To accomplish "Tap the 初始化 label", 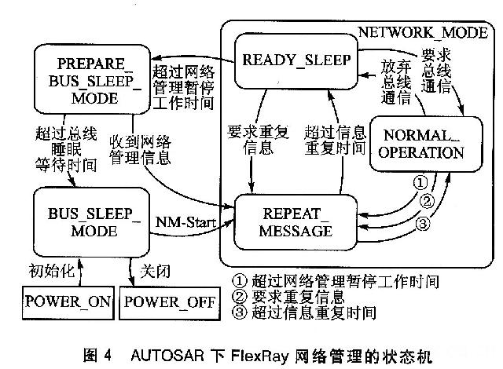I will click(53, 271).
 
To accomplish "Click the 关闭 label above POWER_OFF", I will click(154, 271).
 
